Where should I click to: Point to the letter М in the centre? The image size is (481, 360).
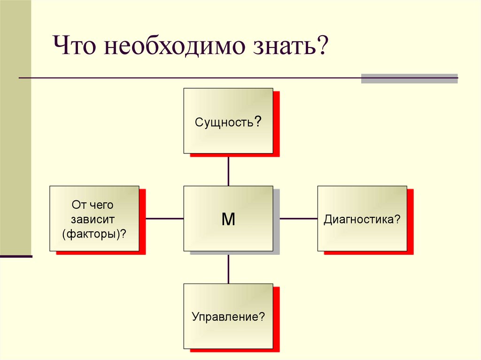(x=228, y=219)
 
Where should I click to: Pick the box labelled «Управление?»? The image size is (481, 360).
(x=228, y=329)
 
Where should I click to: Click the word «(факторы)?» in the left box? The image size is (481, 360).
(x=94, y=233)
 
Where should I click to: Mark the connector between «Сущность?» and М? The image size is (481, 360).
(x=228, y=169)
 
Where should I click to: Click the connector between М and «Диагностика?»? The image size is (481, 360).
(x=299, y=218)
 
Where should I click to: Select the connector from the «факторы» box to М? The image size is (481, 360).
(x=164, y=218)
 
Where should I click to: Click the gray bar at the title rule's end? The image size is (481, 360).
(x=409, y=78)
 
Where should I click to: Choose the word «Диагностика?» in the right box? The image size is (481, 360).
(x=362, y=219)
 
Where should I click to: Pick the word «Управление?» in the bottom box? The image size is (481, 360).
(x=228, y=317)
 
